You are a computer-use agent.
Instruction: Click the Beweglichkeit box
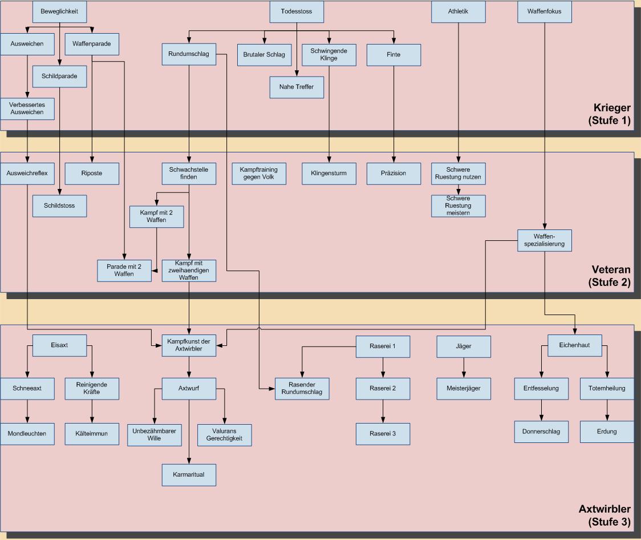(59, 11)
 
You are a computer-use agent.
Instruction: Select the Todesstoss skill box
(297, 11)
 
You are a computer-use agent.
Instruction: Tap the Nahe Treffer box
(297, 87)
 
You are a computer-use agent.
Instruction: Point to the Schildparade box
(59, 76)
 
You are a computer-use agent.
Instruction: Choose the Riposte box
(92, 174)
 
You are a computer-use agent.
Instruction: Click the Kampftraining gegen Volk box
(259, 174)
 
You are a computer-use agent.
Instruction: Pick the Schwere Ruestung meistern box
(459, 206)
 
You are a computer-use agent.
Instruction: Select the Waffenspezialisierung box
(545, 240)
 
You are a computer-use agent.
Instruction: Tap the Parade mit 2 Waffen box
(124, 270)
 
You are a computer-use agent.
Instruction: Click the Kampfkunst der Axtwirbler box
(189, 345)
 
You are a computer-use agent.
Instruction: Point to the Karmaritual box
(189, 474)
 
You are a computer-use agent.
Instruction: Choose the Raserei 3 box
(383, 434)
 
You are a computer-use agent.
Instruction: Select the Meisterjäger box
(463, 388)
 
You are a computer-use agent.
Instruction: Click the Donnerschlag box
(541, 432)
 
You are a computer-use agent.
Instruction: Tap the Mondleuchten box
(27, 434)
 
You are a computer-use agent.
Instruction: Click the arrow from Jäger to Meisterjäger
(463, 367)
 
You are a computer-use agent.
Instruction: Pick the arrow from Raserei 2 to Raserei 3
(383, 411)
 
